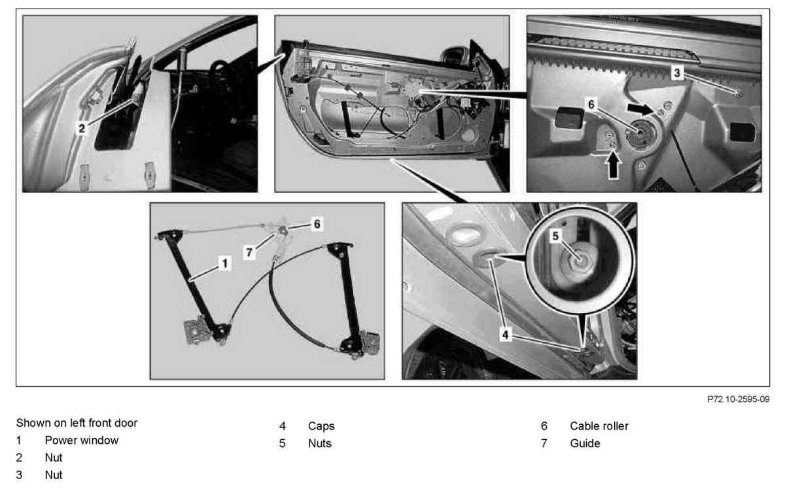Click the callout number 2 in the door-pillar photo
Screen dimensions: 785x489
pyautogui.click(x=82, y=128)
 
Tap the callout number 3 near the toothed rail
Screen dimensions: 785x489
pyautogui.click(x=677, y=73)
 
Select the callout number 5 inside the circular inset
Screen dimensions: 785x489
pyautogui.click(x=555, y=236)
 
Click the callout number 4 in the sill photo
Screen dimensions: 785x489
pyautogui.click(x=505, y=335)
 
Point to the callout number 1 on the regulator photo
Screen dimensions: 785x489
pyautogui.click(x=225, y=263)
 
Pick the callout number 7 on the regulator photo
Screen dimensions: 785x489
pyautogui.click(x=249, y=252)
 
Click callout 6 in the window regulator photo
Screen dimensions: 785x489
pyautogui.click(x=317, y=224)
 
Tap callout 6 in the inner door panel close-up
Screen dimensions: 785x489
pyautogui.click(x=591, y=104)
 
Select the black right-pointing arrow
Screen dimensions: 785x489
pyautogui.click(x=640, y=109)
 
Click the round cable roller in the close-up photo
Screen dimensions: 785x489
pyautogui.click(x=640, y=134)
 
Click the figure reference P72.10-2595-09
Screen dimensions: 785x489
pyautogui.click(x=739, y=399)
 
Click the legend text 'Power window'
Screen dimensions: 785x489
pyautogui.click(x=82, y=441)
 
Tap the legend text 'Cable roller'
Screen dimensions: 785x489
pyautogui.click(x=599, y=426)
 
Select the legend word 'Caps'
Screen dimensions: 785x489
pyautogui.click(x=321, y=426)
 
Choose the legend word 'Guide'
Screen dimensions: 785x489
pyautogui.click(x=585, y=443)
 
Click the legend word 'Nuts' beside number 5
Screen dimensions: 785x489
pyautogui.click(x=320, y=443)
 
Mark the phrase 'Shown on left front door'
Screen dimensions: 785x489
pyautogui.click(x=77, y=423)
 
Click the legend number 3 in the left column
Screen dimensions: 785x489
pyautogui.click(x=19, y=475)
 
